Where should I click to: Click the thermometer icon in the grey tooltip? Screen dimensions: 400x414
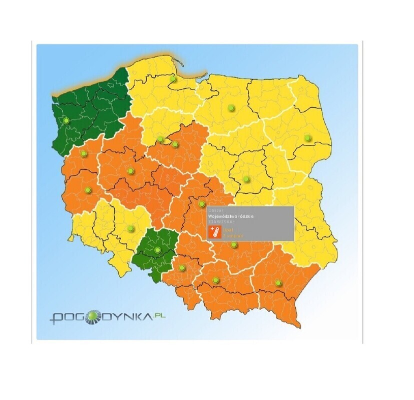click(214, 231)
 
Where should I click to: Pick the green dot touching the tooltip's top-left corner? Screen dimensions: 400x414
click(202, 204)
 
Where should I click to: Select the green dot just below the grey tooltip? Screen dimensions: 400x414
click(233, 244)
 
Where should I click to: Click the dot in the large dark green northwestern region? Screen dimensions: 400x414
click(66, 120)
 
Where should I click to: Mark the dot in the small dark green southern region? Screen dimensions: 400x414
click(158, 249)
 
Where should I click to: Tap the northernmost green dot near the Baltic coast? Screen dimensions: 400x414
click(173, 78)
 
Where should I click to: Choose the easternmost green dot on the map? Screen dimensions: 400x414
click(307, 137)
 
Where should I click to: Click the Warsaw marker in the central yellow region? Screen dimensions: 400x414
click(246, 178)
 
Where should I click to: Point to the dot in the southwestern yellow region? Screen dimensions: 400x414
click(131, 228)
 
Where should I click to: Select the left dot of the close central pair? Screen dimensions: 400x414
click(161, 139)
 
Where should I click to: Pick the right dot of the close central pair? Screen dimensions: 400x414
click(175, 144)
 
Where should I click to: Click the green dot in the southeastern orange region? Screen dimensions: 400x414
click(279, 283)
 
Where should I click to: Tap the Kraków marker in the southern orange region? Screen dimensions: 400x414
click(216, 280)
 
